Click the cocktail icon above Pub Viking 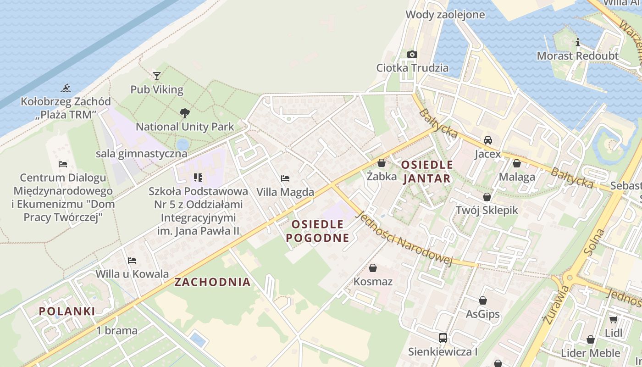tap(157, 76)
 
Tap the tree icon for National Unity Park tap(185, 113)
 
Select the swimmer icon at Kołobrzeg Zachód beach tap(66, 88)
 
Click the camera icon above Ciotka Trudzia tap(412, 55)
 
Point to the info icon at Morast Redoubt tap(577, 43)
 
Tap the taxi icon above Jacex tap(488, 140)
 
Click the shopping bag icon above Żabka tap(381, 163)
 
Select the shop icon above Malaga tap(517, 163)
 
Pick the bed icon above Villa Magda tap(285, 178)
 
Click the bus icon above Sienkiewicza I tap(443, 338)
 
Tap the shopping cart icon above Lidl tap(613, 319)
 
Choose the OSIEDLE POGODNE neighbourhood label tap(317, 231)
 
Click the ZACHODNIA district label tap(212, 282)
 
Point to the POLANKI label tap(67, 311)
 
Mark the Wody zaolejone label tap(445, 15)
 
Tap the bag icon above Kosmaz tap(373, 268)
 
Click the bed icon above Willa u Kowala tap(132, 261)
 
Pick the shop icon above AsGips tap(482, 301)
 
